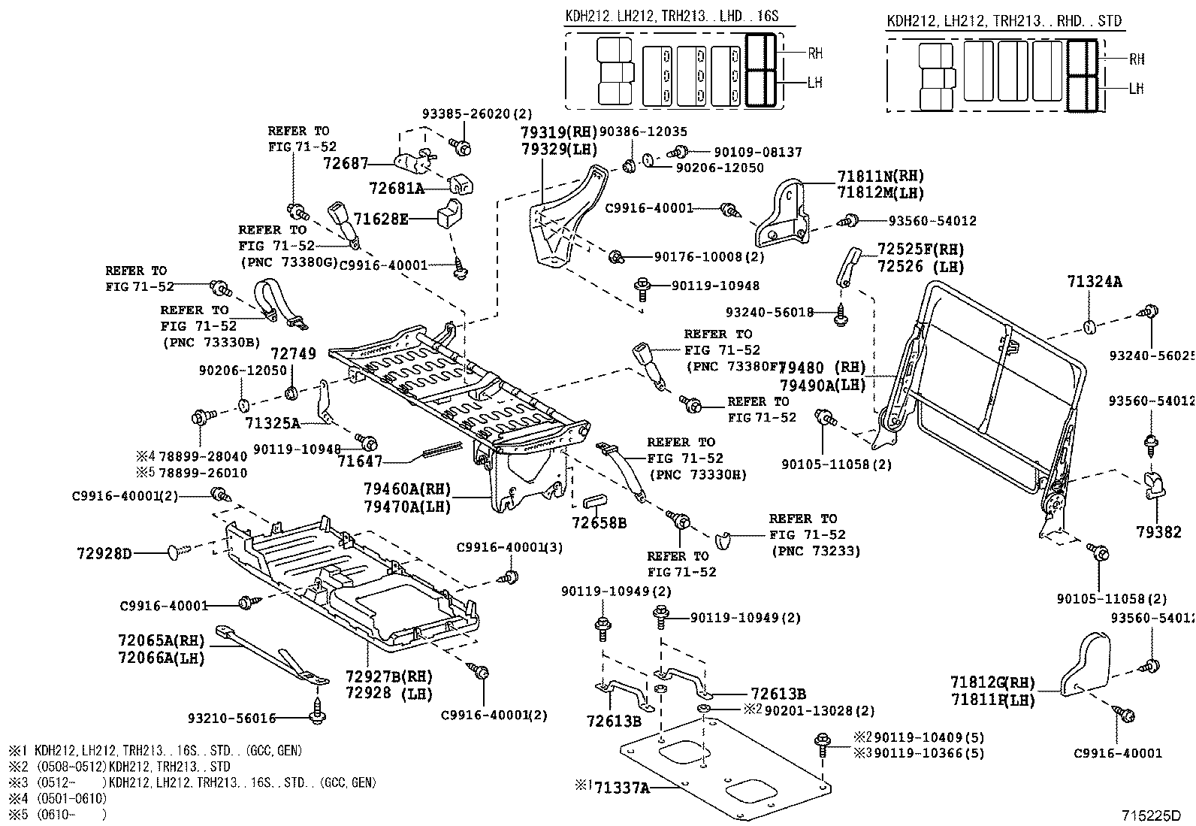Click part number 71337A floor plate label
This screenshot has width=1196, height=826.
point(621,787)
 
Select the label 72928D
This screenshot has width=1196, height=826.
point(104,554)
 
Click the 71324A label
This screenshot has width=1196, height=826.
point(1094,282)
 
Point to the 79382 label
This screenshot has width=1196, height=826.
point(1158,532)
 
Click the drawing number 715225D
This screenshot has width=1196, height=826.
point(1151,815)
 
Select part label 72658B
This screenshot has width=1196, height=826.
point(599,522)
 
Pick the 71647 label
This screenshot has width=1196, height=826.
point(359,461)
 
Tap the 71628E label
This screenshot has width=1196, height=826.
point(381,219)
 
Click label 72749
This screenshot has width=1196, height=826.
point(293,353)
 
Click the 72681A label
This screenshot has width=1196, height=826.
point(397,188)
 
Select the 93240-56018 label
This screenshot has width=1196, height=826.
point(769,312)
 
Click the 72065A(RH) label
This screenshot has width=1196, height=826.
point(161,641)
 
